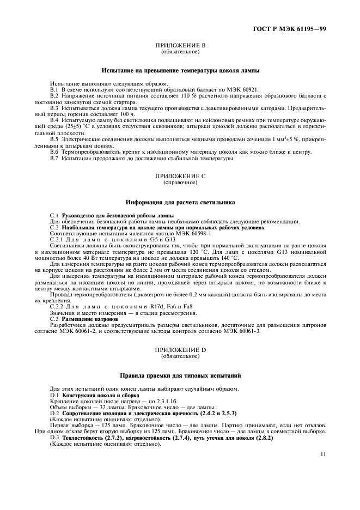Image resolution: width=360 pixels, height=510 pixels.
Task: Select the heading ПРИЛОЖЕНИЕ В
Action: click(180, 46)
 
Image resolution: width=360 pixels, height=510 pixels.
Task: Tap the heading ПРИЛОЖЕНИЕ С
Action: click(180, 177)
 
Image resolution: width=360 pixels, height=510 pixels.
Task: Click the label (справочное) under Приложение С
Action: click(180, 183)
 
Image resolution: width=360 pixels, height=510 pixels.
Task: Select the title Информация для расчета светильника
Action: click(180, 202)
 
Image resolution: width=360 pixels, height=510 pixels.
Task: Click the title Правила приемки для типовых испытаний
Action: click(180, 376)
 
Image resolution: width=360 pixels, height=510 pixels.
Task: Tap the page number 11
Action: click(323, 453)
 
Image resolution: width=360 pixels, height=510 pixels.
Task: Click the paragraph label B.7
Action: click(54, 159)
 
